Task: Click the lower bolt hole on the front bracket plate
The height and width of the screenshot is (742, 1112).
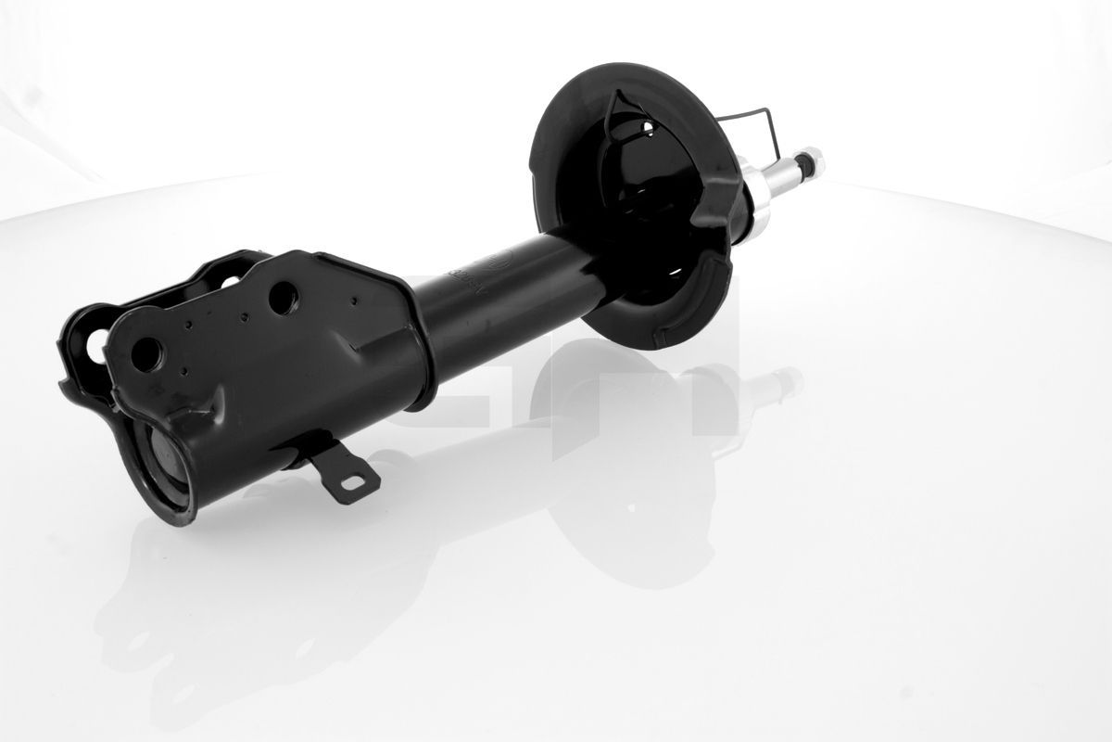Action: [x=147, y=353]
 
